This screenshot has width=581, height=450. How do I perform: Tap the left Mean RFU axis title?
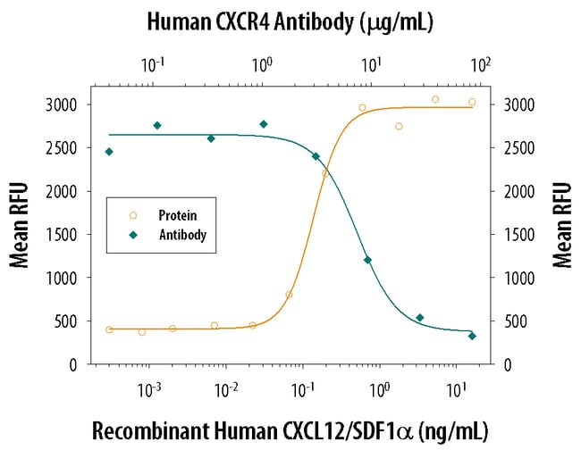point(21,225)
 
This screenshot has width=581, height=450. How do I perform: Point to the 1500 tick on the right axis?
point(519,235)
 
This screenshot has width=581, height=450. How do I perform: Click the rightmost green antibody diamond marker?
point(472,336)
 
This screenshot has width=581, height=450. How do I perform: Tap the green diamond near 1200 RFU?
point(367,260)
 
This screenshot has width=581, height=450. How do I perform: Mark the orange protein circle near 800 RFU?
point(289,295)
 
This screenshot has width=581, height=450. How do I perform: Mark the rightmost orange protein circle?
point(472,102)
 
